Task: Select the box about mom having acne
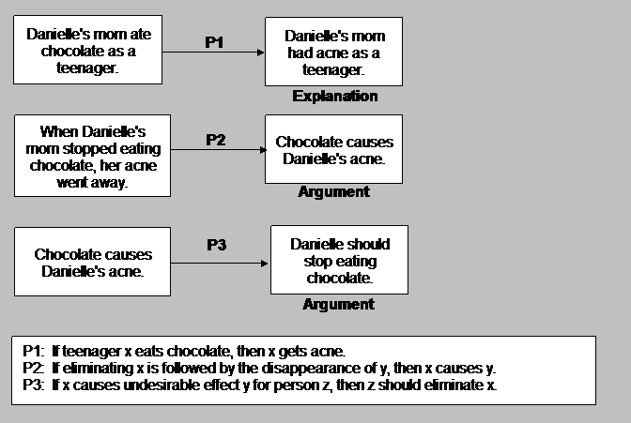point(333,52)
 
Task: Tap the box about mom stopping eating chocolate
point(92,155)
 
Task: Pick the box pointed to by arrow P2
point(333,149)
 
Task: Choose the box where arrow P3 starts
point(92,262)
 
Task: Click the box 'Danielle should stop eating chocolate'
point(339,261)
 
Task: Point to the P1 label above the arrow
point(215,42)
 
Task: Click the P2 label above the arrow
point(215,140)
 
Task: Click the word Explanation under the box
point(334,96)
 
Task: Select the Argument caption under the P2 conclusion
point(333,192)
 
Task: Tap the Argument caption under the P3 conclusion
point(338,304)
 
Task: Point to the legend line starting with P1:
point(179,351)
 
